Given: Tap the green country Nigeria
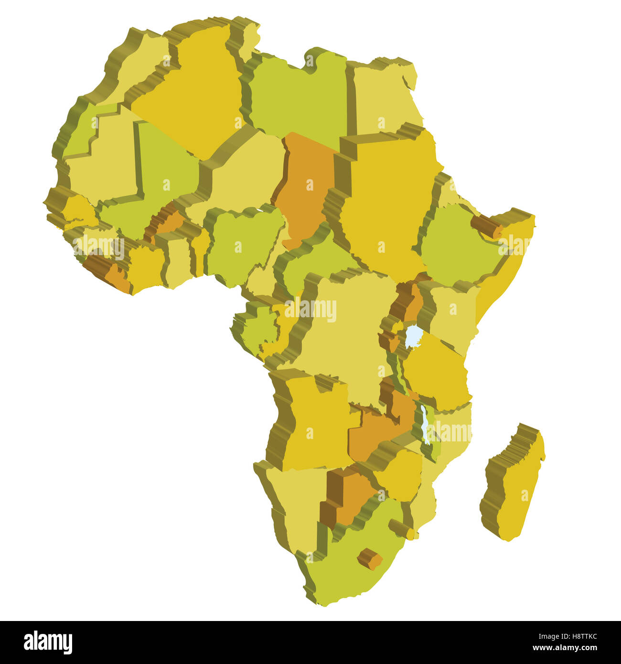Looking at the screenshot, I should coord(241,244).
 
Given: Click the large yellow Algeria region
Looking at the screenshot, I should coord(191,96).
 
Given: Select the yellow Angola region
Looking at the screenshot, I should coord(315,420).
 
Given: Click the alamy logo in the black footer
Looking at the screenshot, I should coord(48,643).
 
